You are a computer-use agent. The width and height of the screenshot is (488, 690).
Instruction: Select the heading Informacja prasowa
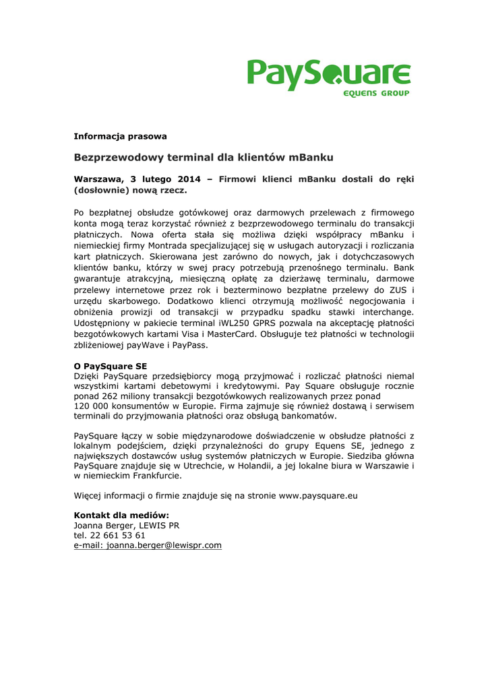(x=120, y=136)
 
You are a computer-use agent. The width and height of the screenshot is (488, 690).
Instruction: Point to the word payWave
(x=148, y=344)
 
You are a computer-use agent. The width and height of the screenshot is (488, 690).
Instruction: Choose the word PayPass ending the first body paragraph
(x=189, y=344)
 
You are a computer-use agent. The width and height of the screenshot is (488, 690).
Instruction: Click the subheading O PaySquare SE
(x=110, y=366)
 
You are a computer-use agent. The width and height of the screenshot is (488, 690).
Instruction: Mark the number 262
(x=112, y=398)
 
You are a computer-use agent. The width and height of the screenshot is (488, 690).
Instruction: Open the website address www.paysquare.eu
(x=317, y=496)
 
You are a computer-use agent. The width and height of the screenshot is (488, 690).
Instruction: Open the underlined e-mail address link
(x=148, y=545)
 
